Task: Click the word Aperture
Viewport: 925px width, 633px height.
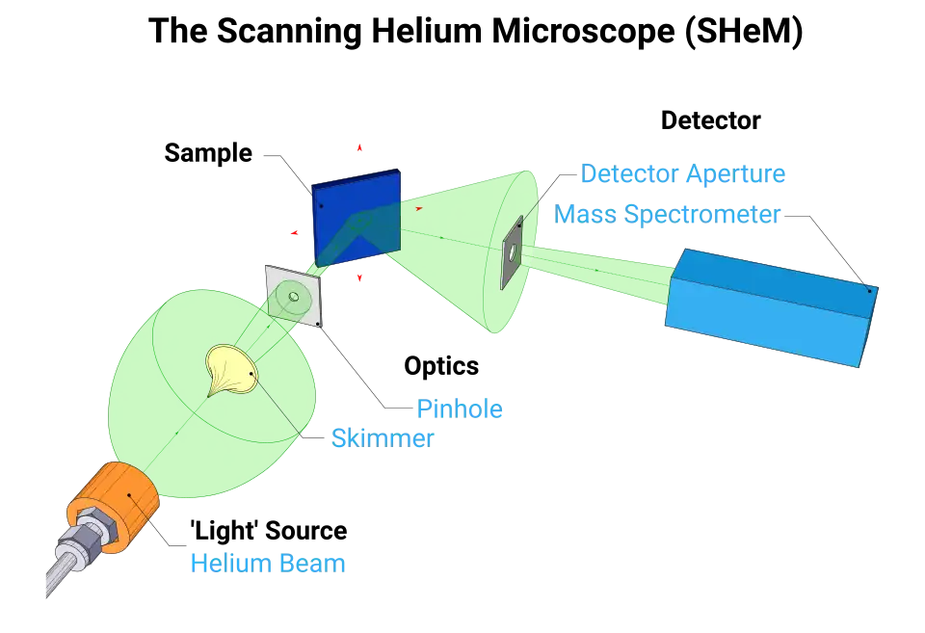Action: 736,174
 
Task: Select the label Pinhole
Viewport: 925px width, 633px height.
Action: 461,409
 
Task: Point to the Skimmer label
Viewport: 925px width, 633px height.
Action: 383,438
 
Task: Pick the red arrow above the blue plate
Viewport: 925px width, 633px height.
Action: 358,148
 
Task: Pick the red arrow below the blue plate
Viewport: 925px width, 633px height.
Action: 358,277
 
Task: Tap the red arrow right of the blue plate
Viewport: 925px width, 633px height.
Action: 418,208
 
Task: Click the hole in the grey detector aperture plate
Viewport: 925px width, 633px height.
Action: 514,253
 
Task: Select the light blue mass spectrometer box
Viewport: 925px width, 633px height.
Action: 771,306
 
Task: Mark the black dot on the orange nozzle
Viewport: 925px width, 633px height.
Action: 131,496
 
